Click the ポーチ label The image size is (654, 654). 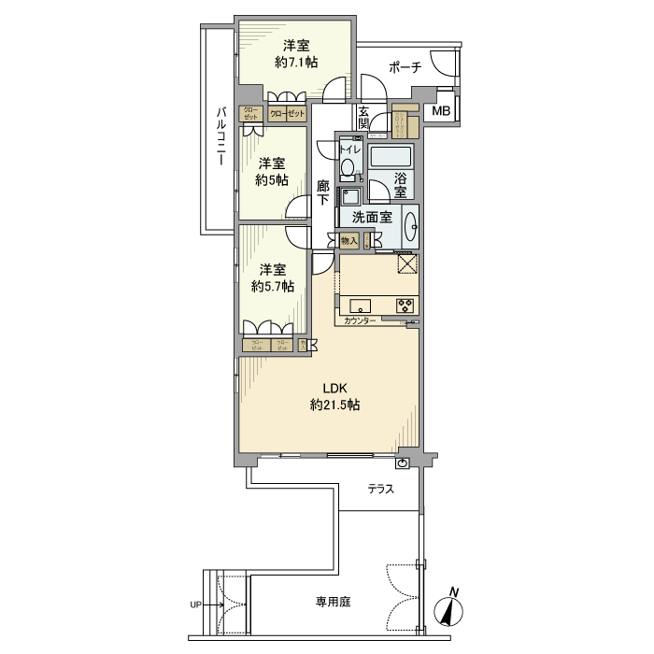point(405,67)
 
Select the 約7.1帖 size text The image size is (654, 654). point(296,63)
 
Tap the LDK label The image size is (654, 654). point(335,389)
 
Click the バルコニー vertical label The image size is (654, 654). point(221,136)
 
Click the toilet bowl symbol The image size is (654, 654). point(348,168)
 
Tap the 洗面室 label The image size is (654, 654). point(371,219)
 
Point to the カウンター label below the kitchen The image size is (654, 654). point(360,321)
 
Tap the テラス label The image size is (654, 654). point(379,489)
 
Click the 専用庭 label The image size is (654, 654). point(332,603)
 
